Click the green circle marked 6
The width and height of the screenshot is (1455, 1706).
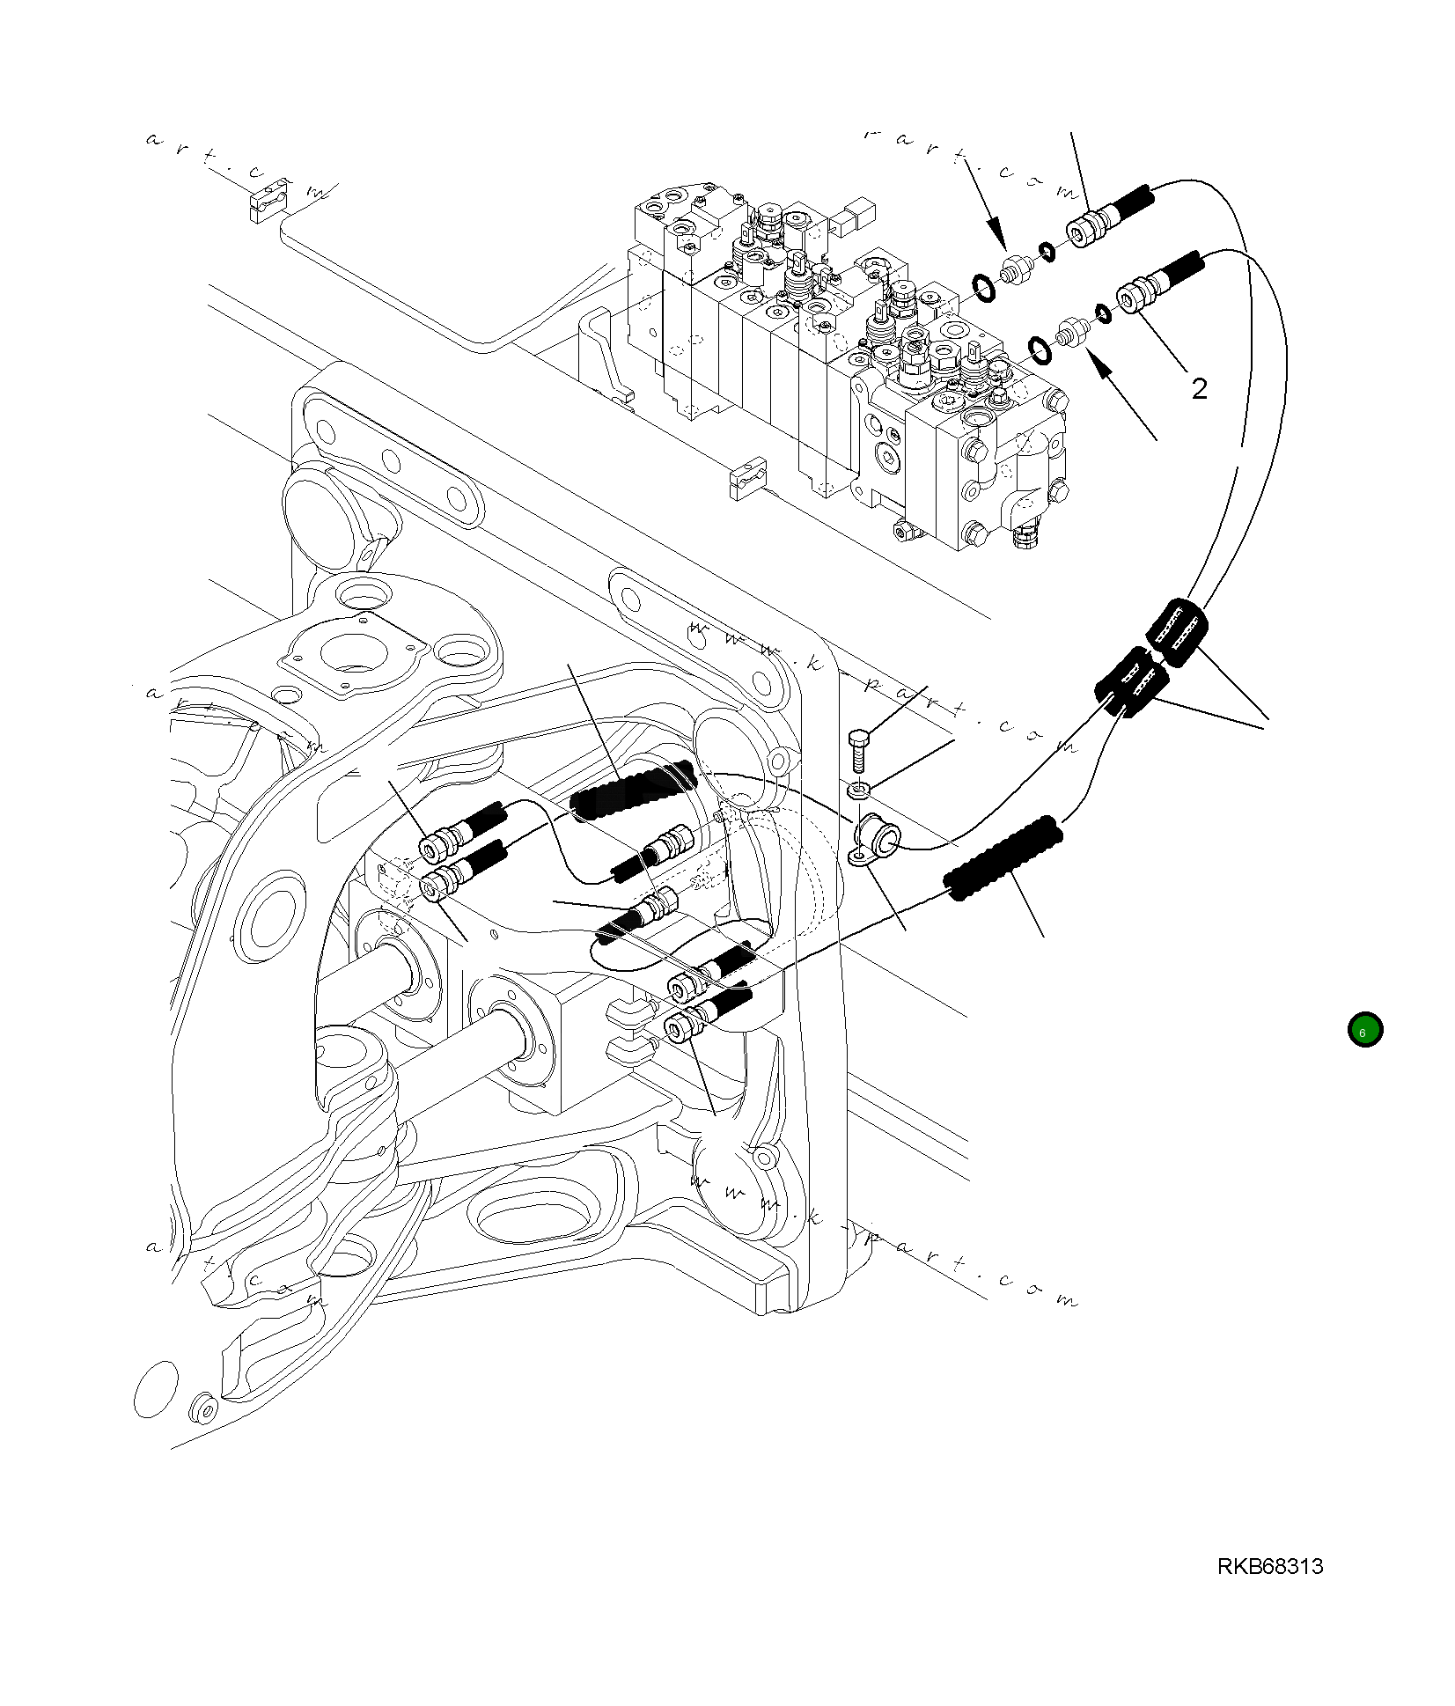(1364, 1029)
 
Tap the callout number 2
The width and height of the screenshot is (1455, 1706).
(1199, 388)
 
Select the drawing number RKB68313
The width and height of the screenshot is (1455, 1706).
(1270, 1566)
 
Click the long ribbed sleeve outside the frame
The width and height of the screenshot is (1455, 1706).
(1002, 859)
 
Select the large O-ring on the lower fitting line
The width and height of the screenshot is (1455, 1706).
(1040, 349)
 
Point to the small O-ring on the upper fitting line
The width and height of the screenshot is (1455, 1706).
(1047, 252)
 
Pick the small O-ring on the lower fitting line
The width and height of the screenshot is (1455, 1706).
(1102, 313)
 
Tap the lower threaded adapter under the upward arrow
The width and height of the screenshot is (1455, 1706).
(1073, 331)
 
